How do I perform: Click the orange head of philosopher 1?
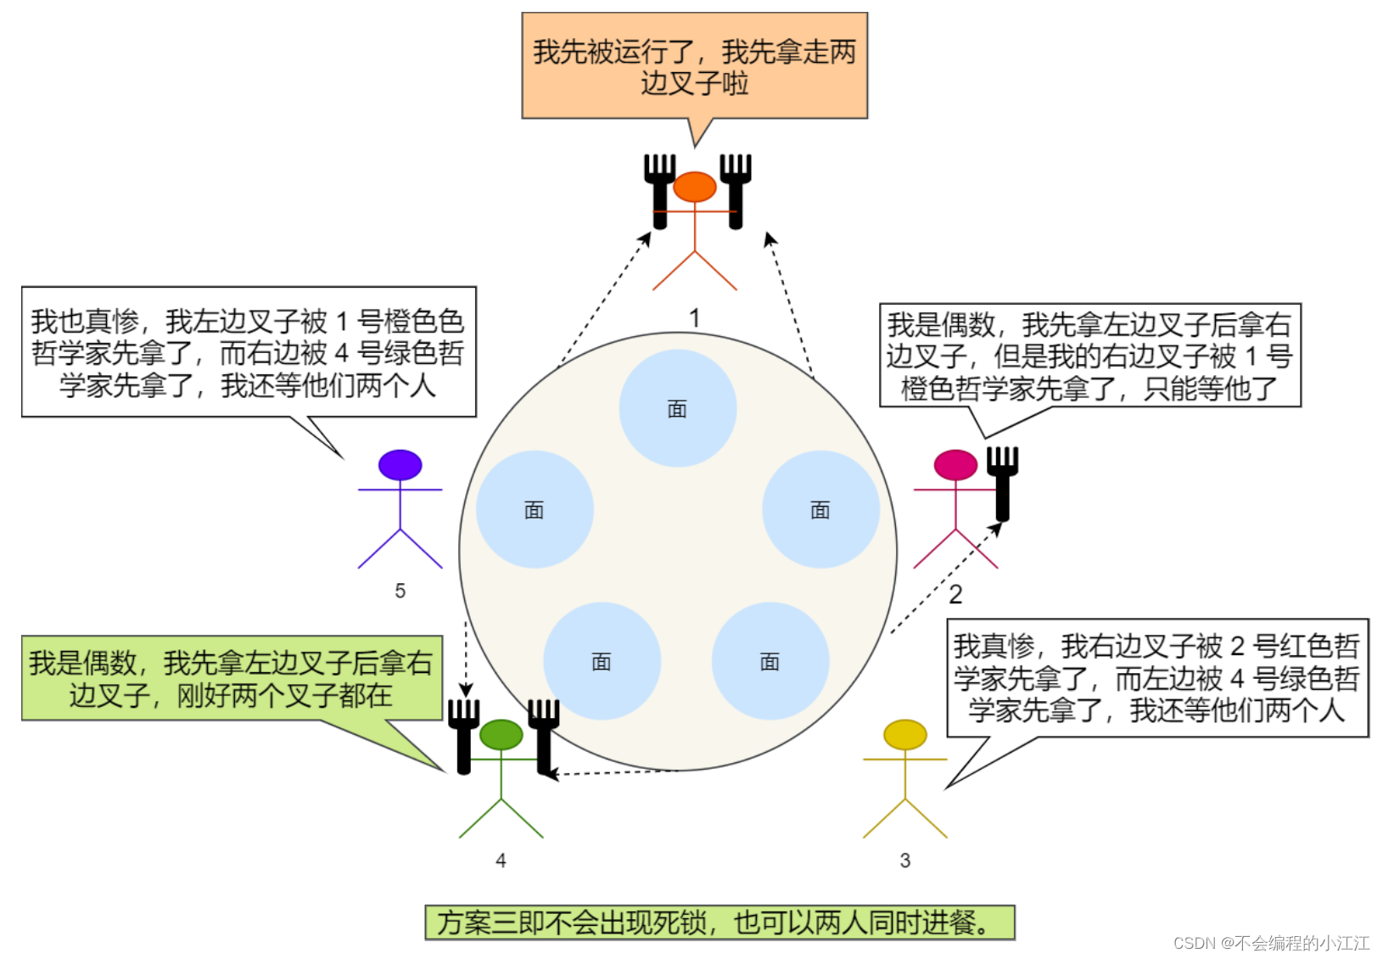click(x=695, y=187)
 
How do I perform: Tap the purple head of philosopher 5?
click(x=400, y=465)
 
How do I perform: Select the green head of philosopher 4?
click(x=501, y=735)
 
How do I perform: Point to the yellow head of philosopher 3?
click(x=905, y=735)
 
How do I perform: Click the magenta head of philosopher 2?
click(x=955, y=465)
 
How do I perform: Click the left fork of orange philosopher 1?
click(x=659, y=191)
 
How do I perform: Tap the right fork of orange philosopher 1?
click(x=736, y=191)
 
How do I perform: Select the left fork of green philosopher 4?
click(x=463, y=736)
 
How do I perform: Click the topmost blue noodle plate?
click(x=677, y=409)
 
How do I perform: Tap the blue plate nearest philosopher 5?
click(x=535, y=509)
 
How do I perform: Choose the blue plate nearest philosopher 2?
click(x=820, y=509)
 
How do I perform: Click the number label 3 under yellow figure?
click(x=905, y=861)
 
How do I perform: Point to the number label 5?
click(x=400, y=591)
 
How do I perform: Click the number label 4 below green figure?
click(x=501, y=861)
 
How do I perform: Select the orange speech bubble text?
click(x=694, y=66)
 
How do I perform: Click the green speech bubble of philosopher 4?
click(x=232, y=678)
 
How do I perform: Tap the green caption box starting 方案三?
click(x=719, y=923)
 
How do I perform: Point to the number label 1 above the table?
click(x=695, y=318)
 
